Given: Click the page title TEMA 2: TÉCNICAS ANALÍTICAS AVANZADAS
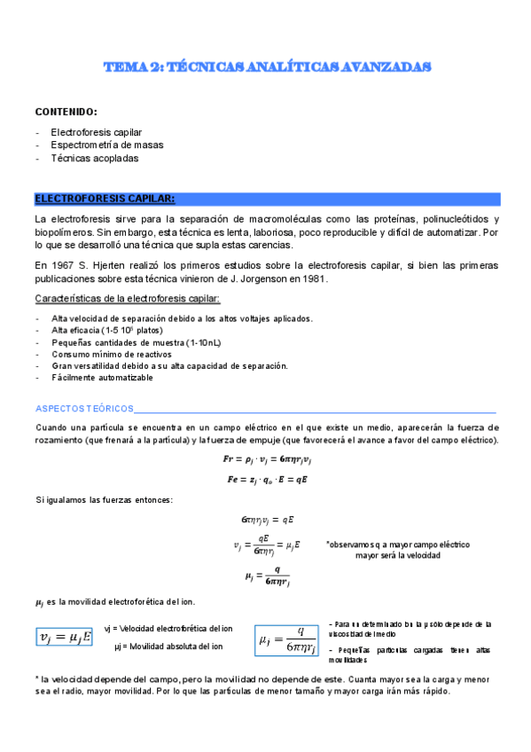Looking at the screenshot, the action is [267, 67].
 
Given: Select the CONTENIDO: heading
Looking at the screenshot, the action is [66, 113].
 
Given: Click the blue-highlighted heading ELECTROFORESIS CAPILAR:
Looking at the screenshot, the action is [105, 199].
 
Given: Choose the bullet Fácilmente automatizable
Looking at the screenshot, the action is [102, 377].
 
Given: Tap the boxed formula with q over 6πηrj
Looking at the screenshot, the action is [285, 638].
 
